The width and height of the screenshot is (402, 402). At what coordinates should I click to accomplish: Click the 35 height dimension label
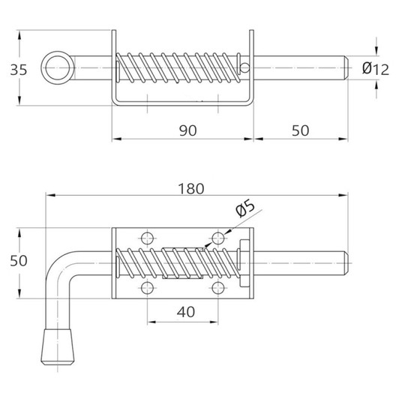(19, 70)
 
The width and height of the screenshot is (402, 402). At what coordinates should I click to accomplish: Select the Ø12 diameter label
(376, 69)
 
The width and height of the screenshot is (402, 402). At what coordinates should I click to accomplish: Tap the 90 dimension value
(188, 130)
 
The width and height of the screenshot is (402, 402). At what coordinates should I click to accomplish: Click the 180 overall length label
(191, 189)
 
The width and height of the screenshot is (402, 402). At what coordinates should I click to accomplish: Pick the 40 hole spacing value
(186, 312)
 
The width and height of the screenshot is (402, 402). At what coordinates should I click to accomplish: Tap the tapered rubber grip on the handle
(58, 346)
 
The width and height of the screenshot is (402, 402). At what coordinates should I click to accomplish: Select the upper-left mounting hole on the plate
(148, 238)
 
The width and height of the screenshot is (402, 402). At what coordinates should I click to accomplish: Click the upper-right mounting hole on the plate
(218, 238)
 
